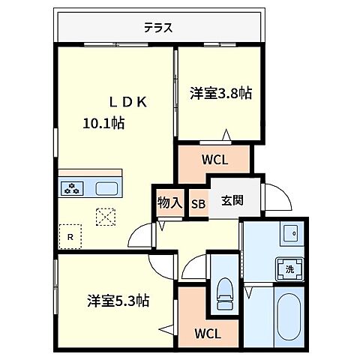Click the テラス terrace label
point(158,28)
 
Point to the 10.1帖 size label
point(103,124)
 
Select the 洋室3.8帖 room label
point(220,94)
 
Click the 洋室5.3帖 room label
point(117,301)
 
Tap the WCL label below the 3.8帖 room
point(214,159)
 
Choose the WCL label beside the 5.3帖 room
point(207,333)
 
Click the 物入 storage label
point(169,202)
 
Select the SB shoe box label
point(198,202)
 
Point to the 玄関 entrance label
point(231,201)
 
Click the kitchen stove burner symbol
point(73,189)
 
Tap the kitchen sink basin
point(105,188)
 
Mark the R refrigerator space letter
point(70,238)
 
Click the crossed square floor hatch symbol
point(105,216)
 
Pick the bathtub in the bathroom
point(289,322)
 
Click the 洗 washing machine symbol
point(288,268)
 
